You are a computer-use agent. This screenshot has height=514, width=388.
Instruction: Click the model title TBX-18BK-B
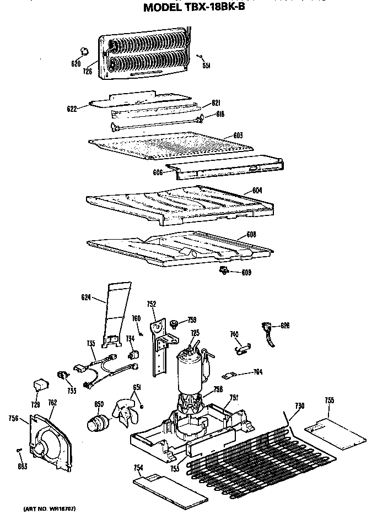coord(194,8)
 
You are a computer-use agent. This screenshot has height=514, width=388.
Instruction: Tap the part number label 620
coord(76,64)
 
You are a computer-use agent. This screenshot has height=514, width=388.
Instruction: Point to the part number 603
coord(238,135)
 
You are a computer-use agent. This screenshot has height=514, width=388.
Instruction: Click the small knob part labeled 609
coord(224,270)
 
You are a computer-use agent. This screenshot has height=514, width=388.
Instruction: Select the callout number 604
coord(257,191)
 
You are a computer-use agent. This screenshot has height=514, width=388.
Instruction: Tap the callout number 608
coord(251,234)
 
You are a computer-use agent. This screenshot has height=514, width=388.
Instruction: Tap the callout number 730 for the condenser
coord(299,406)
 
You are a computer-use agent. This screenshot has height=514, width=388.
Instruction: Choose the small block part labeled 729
coord(40,382)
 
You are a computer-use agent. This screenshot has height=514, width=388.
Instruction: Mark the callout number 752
coord(152,303)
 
